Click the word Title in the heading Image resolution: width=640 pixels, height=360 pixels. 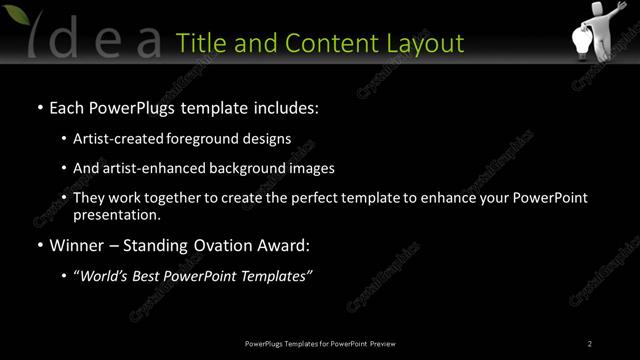click(x=200, y=43)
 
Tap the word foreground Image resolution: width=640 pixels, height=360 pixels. click(x=208, y=139)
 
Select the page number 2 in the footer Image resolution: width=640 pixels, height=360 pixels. click(x=590, y=343)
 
